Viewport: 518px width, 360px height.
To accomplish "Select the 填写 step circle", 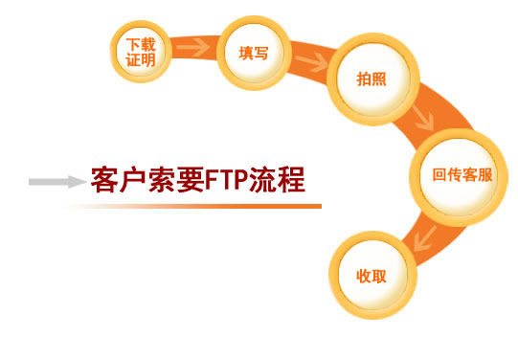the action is click(x=253, y=53).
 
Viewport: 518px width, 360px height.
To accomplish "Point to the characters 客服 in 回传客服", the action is click(x=478, y=175).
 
